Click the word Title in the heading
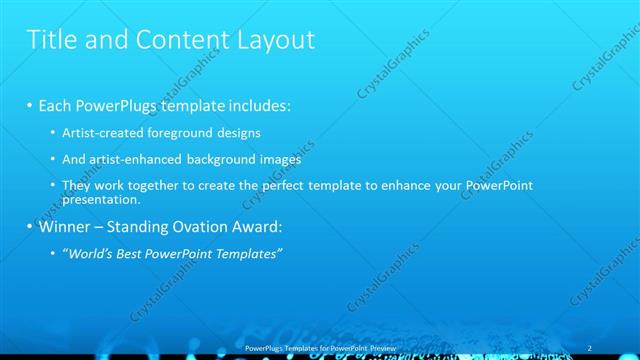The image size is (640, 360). [51, 40]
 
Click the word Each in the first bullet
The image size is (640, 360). [57, 106]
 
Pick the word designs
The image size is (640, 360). [240, 132]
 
